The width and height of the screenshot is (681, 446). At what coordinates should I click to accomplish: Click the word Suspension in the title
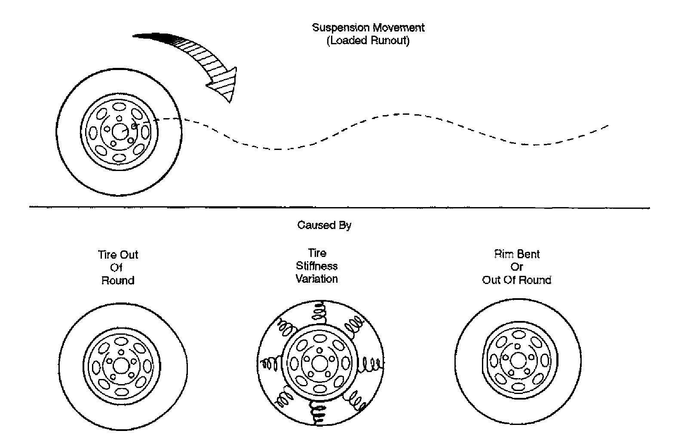pos(340,28)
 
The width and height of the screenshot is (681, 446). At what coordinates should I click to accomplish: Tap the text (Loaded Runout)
pos(368,41)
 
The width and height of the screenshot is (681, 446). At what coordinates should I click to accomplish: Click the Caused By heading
pos(324,225)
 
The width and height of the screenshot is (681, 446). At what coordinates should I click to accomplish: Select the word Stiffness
pos(317,266)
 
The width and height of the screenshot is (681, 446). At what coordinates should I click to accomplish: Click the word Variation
pos(317,279)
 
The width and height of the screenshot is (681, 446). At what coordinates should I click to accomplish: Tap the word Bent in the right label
pos(529,254)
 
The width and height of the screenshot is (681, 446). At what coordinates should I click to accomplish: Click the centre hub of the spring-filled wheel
pos(319,364)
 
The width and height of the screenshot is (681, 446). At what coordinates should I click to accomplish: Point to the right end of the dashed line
pos(607,125)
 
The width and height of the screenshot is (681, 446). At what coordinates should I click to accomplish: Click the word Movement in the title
pos(398,28)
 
